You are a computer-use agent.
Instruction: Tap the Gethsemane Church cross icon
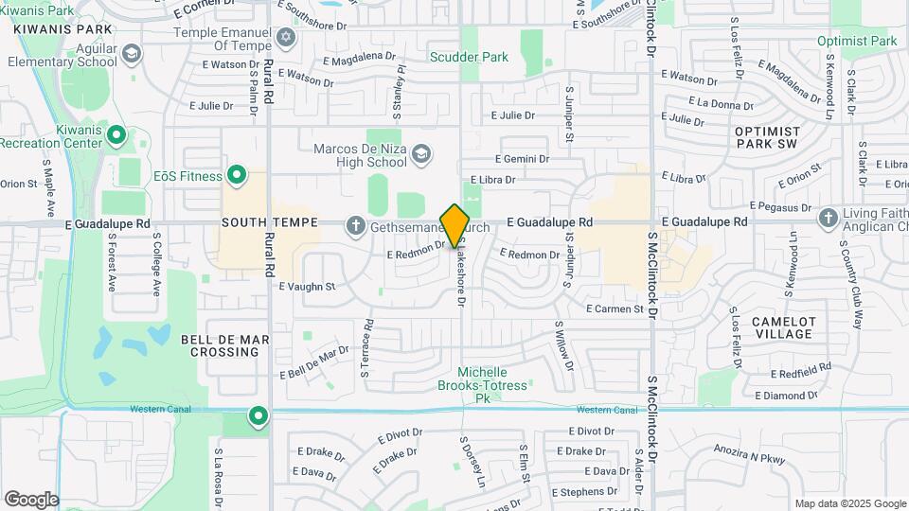point(355,224)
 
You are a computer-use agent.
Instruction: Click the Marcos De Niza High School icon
point(421,155)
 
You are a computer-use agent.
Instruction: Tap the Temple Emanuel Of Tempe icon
point(285,38)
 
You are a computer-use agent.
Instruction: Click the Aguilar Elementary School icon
point(131,53)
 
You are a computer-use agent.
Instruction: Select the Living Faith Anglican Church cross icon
point(828,219)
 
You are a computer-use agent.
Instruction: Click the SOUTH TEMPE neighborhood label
point(261,222)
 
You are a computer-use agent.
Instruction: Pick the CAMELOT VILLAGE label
point(783,327)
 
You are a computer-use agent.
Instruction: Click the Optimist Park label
point(857,42)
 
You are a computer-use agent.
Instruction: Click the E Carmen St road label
point(615,308)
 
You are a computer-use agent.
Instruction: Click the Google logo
point(31,499)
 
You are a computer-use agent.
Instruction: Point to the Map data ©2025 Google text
point(849,503)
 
